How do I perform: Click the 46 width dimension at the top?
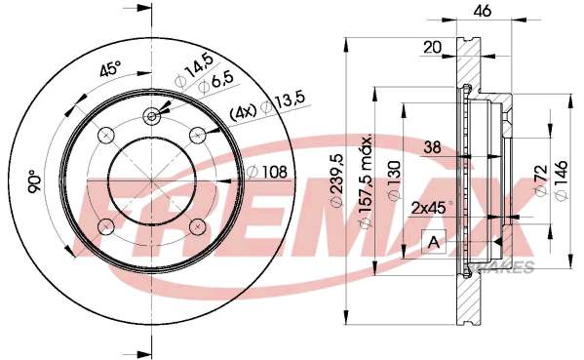click(482, 11)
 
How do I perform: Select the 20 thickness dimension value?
click(432, 48)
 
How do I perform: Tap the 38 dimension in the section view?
click(432, 147)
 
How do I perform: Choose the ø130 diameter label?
click(394, 180)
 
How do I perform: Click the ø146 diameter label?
click(562, 180)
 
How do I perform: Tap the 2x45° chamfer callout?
click(432, 208)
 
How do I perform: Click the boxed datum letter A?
click(434, 242)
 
